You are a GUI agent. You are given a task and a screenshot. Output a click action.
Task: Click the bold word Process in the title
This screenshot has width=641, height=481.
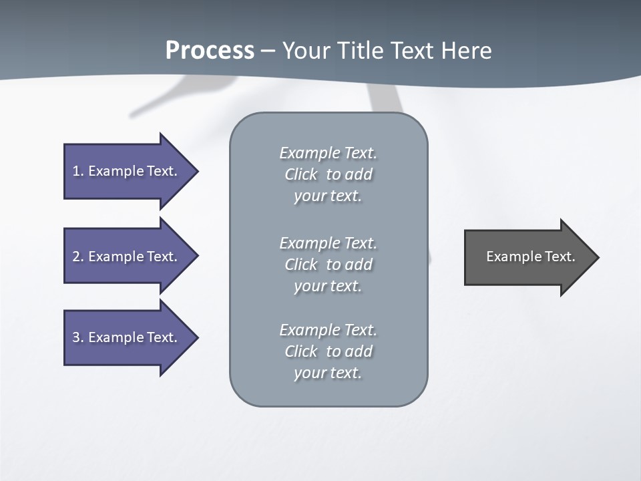[x=210, y=51]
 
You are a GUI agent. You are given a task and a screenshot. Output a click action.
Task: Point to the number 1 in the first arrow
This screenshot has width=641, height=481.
[x=76, y=171]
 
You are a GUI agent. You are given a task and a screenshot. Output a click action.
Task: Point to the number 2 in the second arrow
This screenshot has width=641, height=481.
[x=76, y=257]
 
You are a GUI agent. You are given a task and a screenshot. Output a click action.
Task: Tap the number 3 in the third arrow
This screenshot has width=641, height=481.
[x=76, y=337]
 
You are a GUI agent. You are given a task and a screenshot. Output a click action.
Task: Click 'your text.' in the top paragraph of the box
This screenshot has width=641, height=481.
[x=328, y=196]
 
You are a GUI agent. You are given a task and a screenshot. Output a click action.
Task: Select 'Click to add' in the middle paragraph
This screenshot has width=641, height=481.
[x=328, y=265]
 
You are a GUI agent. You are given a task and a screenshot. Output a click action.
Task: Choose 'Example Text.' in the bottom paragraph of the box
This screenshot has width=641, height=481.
[x=328, y=330]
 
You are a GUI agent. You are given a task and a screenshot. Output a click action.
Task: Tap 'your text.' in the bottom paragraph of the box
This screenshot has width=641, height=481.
[x=328, y=373]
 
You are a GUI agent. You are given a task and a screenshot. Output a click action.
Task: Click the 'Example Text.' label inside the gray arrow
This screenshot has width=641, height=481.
[x=530, y=257]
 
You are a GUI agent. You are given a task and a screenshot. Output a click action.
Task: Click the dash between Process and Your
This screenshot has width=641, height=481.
[x=268, y=51]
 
